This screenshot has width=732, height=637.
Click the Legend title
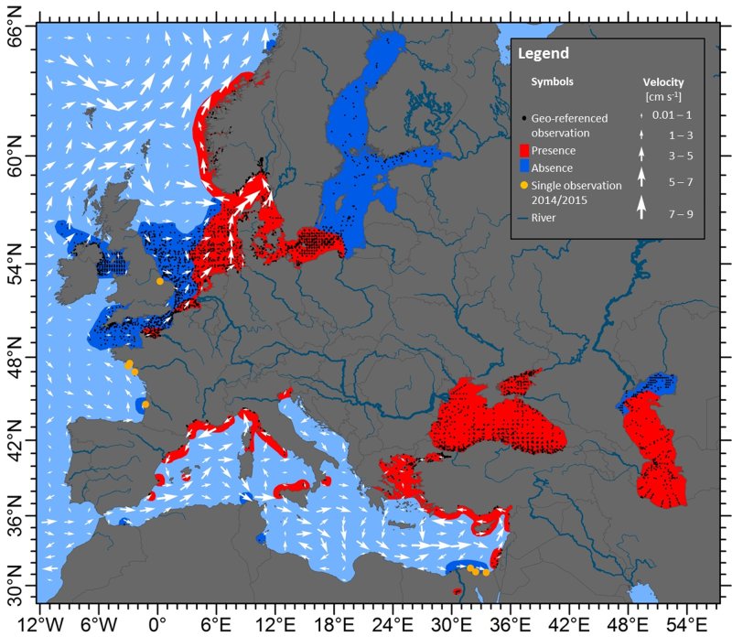(x=544, y=53)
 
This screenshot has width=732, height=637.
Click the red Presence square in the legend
(x=524, y=150)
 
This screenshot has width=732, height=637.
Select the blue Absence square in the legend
(x=524, y=167)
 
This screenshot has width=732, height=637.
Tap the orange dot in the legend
(x=524, y=185)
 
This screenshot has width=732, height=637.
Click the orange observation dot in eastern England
(x=159, y=281)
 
